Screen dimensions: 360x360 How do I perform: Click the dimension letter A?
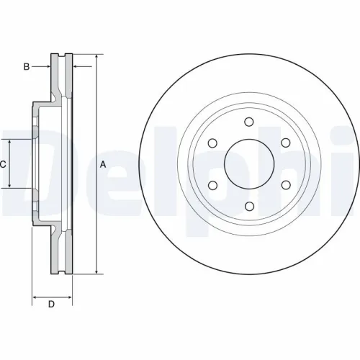103,164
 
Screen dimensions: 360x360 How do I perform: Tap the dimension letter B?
26,67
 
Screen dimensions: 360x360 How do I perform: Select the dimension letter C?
3,164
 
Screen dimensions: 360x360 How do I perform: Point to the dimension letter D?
51,305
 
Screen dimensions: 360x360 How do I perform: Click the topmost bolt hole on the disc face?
249,122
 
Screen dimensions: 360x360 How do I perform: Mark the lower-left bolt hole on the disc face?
212,186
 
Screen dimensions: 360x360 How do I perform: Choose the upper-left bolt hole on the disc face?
212,143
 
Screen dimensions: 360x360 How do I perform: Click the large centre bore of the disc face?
249,164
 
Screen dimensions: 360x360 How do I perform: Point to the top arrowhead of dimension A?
96,56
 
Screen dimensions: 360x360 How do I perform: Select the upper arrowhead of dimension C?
10,143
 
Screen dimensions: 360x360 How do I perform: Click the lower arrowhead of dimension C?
10,186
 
